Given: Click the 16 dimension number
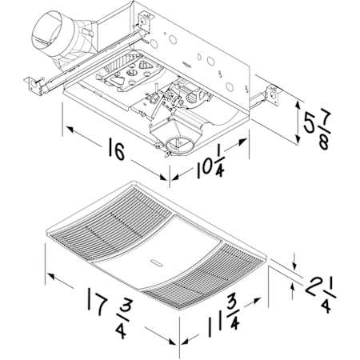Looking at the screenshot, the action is [x=117, y=151].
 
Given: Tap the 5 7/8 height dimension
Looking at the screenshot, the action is [x=318, y=129].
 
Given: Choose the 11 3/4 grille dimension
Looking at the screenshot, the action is [x=223, y=315].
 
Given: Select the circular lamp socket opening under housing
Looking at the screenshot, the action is [x=178, y=146].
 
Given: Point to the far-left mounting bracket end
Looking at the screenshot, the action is [x=34, y=85].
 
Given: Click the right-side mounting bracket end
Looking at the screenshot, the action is [x=272, y=95].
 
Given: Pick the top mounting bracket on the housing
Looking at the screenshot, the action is [x=146, y=22].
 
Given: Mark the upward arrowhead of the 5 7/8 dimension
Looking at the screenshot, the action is [x=298, y=104].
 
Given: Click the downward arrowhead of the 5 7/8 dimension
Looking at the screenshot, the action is [x=298, y=139].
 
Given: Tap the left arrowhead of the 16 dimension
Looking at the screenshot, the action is [x=70, y=130].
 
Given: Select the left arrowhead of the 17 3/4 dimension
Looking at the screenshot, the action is [x=51, y=276].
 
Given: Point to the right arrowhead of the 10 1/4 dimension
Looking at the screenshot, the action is [x=242, y=142].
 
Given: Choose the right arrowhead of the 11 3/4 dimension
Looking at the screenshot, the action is [x=256, y=301].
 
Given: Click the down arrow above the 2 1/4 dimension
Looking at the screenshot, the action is [x=294, y=266].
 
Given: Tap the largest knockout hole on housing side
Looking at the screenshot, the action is [x=173, y=39].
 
